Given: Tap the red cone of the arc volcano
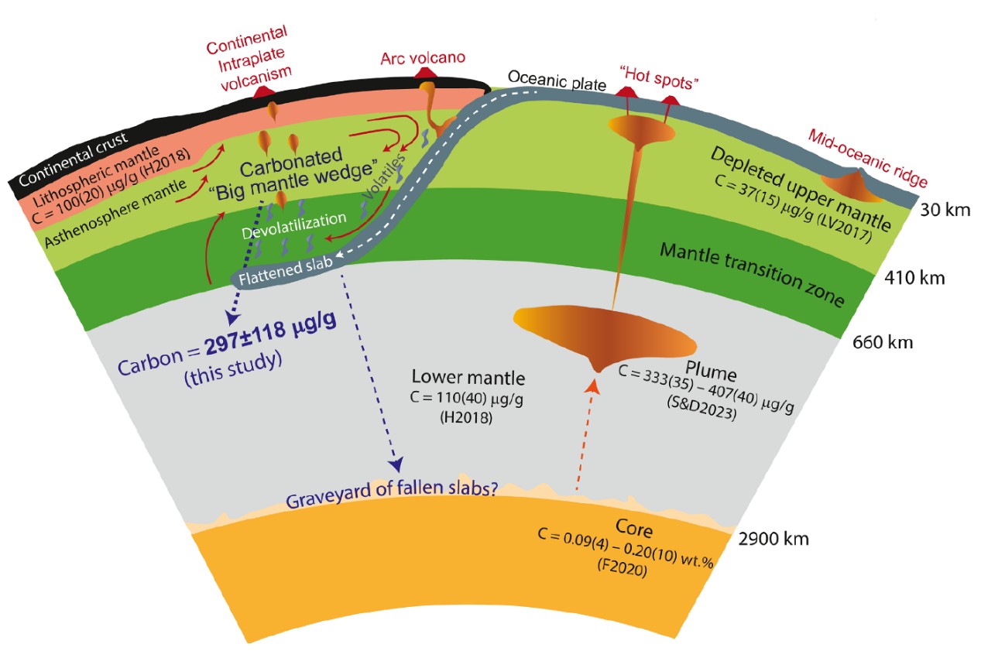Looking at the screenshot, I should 424,74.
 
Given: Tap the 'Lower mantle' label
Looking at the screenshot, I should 468,379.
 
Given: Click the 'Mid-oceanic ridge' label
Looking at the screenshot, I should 867,159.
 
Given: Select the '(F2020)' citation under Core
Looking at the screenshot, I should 620,576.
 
